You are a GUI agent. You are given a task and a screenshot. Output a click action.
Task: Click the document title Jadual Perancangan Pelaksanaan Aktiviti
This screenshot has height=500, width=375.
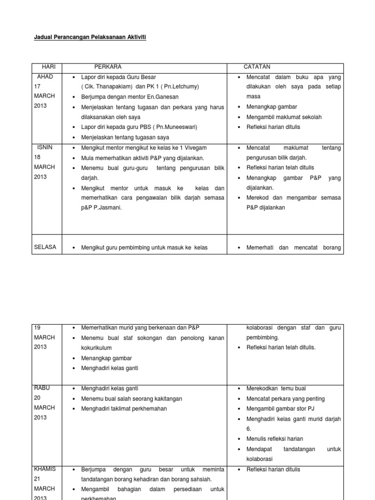pos(90,37)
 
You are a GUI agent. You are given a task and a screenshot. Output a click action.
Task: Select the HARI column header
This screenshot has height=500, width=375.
pos(50,66)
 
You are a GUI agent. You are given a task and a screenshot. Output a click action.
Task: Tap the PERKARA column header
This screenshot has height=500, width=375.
pos(108,66)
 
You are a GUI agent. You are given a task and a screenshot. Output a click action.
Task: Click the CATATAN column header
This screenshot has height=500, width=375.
pos(257,66)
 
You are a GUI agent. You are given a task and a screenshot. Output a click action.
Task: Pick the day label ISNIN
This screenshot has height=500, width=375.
pos(44,147)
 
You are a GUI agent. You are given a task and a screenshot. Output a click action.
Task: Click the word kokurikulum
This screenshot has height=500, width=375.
pos(97,348)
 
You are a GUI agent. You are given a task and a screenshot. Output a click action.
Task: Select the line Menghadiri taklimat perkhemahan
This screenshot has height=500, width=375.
pos(124,409)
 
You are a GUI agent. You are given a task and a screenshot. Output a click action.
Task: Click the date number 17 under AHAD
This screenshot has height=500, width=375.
pos(38,86)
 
